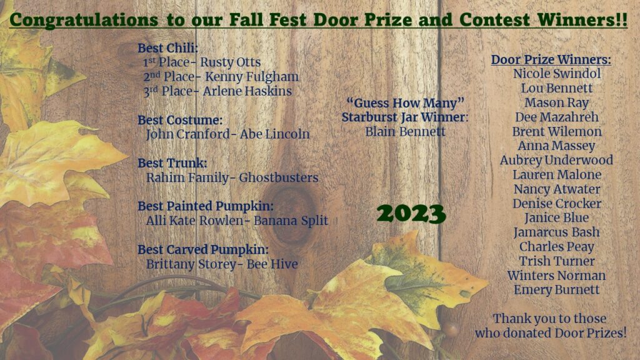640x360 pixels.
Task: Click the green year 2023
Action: [x=411, y=214]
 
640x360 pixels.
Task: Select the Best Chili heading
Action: [x=167, y=48]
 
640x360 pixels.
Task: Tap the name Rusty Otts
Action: [x=230, y=62]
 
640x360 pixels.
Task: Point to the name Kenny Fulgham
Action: [x=252, y=77]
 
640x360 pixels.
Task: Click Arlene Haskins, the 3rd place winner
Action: [x=247, y=91]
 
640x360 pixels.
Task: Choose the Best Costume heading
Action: [x=180, y=120]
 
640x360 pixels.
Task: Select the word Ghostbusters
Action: [x=279, y=177]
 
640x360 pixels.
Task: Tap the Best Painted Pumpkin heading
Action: [x=206, y=206]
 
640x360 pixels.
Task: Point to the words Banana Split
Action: [x=291, y=221]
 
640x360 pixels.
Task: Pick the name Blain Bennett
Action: [x=405, y=131]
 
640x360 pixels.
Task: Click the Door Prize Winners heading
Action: [x=551, y=59]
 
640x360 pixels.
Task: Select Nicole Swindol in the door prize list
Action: [x=557, y=74]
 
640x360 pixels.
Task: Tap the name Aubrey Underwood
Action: [x=556, y=161]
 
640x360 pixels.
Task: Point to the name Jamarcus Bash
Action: [x=556, y=232]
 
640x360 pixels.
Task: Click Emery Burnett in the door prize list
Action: [x=556, y=290]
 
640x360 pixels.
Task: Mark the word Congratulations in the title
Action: [x=84, y=20]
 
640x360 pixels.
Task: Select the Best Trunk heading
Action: [x=172, y=163]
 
